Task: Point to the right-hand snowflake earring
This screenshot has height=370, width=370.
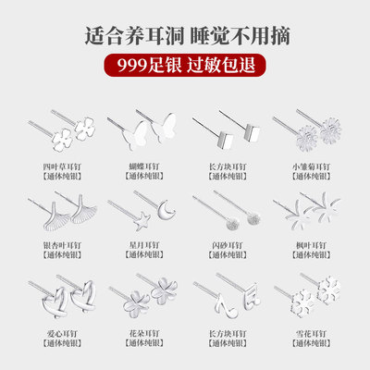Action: point(328,290)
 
